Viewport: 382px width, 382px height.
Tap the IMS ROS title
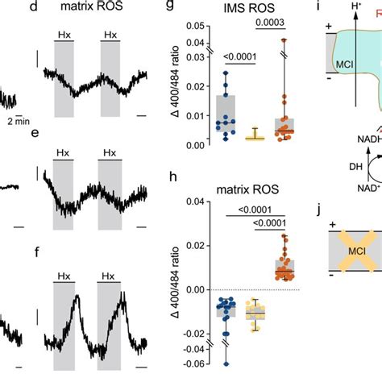click(243, 10)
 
